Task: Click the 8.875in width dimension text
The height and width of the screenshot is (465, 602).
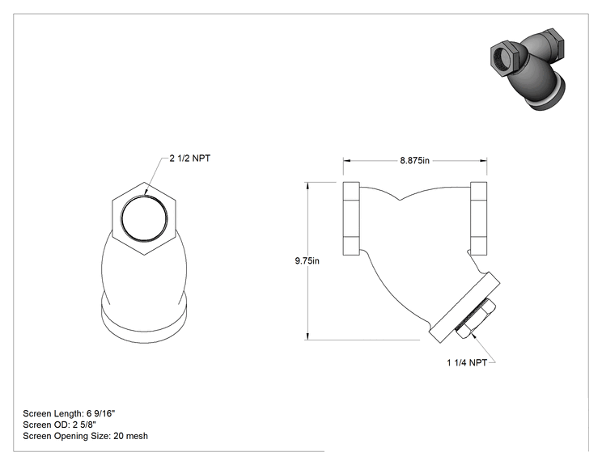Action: click(414, 160)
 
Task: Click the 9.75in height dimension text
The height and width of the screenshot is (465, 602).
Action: click(307, 261)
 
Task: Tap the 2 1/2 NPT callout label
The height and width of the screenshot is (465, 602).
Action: click(190, 158)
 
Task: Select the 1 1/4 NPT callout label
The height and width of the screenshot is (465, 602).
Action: click(467, 362)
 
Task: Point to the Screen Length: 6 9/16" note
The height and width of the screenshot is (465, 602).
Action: click(69, 413)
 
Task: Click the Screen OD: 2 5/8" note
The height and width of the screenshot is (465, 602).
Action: click(60, 425)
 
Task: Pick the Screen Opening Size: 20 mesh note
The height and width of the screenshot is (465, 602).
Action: click(85, 436)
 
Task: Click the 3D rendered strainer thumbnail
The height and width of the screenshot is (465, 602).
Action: click(528, 69)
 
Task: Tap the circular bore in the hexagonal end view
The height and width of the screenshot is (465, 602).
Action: click(144, 218)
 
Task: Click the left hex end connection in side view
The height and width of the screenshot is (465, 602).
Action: click(351, 218)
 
